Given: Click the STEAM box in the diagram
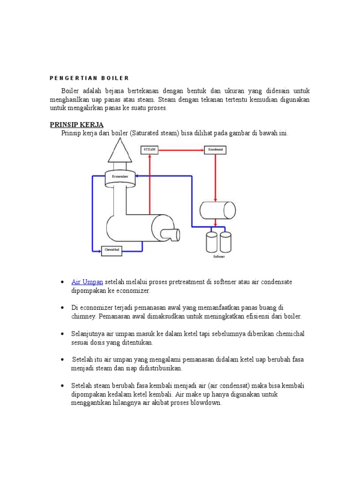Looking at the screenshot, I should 149,150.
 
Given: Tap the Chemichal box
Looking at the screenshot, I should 112,250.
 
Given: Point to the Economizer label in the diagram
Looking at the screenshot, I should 120,176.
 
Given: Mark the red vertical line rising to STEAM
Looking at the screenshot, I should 150,187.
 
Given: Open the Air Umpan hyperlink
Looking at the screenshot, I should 87,282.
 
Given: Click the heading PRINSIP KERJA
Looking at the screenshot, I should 76,124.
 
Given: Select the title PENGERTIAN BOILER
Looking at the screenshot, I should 89,78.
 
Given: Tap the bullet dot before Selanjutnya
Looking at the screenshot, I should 62,333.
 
